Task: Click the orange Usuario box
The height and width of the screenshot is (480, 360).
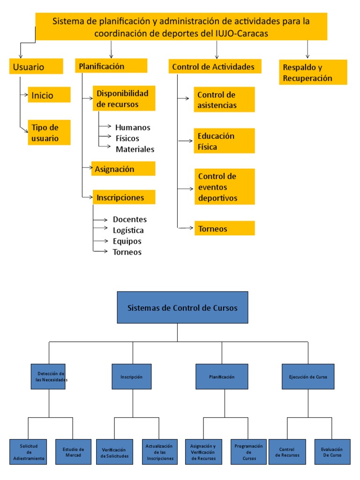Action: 36,66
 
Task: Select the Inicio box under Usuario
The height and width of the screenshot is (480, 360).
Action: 49,95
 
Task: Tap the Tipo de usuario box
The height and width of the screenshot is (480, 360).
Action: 49,132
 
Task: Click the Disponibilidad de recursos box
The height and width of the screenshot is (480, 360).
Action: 124,98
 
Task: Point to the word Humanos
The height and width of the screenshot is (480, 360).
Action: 133,127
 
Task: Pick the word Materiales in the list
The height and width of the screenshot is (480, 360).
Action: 135,149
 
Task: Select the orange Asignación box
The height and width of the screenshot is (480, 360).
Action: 123,169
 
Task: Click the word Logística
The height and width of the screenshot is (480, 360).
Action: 128,230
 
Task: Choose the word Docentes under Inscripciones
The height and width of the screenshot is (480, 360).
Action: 129,219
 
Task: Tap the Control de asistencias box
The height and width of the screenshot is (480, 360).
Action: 224,100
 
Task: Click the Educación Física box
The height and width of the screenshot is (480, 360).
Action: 224,141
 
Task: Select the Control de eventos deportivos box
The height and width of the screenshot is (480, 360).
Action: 224,187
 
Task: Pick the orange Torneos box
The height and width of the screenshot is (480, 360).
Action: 224,228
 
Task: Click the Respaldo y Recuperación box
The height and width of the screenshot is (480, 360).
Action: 313,72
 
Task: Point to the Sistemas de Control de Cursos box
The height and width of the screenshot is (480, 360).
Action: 182,307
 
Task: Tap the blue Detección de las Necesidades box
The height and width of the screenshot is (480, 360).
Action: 49,376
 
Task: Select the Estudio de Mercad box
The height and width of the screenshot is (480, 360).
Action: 73,452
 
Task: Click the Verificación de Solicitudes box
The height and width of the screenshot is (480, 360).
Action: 115,452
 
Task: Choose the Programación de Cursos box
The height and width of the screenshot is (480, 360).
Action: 248,452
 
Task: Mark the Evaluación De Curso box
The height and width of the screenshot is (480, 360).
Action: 332,452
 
